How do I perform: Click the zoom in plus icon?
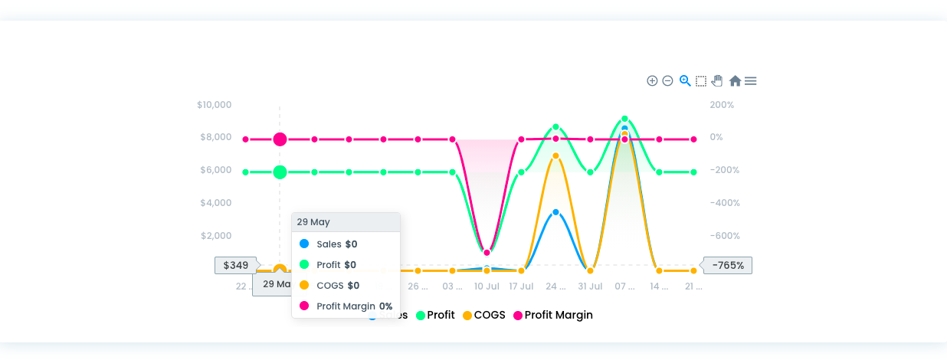(x=652, y=81)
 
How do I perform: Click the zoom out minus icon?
(x=667, y=81)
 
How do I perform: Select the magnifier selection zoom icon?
(x=685, y=81)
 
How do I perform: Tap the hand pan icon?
(x=718, y=81)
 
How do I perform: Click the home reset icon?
(x=735, y=81)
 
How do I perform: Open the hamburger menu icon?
(x=751, y=81)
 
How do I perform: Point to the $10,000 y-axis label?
(x=214, y=105)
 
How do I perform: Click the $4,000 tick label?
(x=216, y=203)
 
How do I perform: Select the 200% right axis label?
(x=722, y=105)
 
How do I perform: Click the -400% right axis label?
(x=724, y=203)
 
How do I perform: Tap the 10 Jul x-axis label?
(x=487, y=286)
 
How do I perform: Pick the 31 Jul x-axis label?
(x=590, y=286)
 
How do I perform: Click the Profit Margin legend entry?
(x=553, y=315)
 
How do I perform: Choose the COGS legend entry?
(x=484, y=315)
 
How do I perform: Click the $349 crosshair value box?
(x=236, y=266)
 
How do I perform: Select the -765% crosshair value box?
(x=728, y=266)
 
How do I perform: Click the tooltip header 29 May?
(x=313, y=222)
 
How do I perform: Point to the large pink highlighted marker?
(x=280, y=139)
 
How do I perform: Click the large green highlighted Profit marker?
(x=280, y=172)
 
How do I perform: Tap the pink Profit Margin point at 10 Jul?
(x=487, y=253)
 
